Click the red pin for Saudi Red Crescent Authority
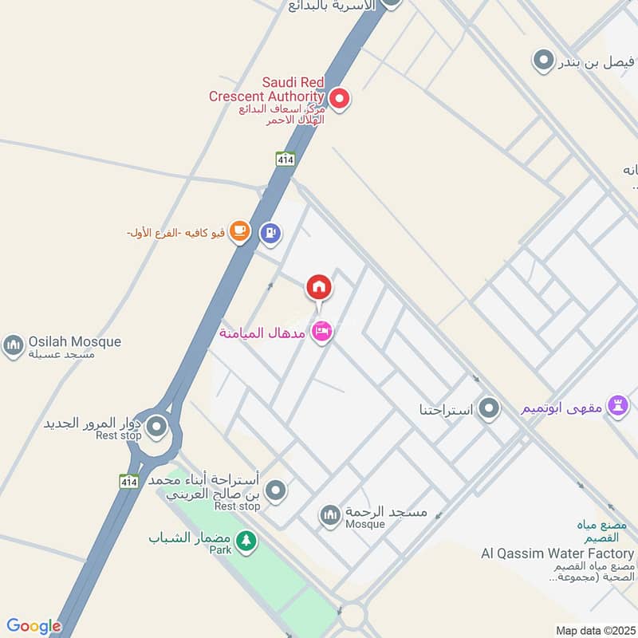[340, 99]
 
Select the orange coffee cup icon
[238, 231]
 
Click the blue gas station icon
[270, 233]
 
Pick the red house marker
[318, 286]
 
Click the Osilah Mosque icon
[13, 345]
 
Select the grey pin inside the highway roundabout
[157, 427]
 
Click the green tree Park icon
[246, 541]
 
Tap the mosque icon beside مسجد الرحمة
[330, 515]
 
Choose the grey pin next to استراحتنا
[489, 410]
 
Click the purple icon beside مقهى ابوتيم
[617, 405]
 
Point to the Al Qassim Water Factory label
[557, 553]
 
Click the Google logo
[33, 626]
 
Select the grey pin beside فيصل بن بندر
[543, 60]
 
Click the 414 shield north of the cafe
[286, 159]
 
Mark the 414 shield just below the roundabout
[129, 481]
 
